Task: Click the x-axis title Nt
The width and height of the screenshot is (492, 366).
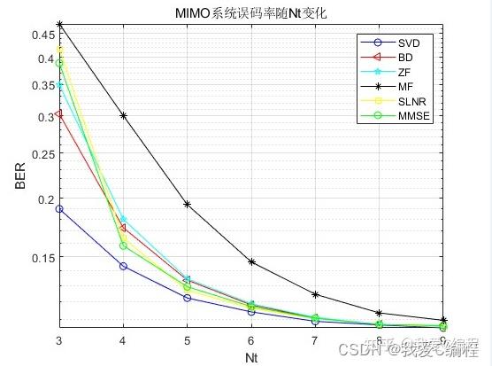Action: tap(251, 358)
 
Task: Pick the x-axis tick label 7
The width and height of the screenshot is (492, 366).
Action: tap(315, 341)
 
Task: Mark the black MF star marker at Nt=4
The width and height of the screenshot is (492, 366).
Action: tap(123, 116)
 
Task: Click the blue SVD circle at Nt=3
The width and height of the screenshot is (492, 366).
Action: tap(59, 209)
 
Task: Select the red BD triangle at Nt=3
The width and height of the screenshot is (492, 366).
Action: tap(59, 114)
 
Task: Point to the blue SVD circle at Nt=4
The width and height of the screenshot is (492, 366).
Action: tap(123, 266)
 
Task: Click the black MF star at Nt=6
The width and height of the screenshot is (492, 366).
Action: tap(251, 262)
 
